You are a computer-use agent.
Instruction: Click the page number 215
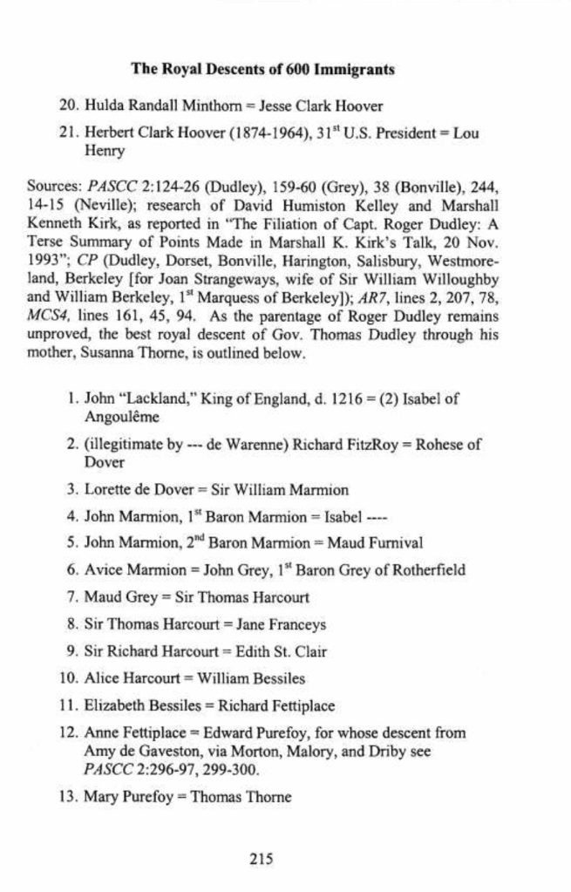point(262,859)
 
